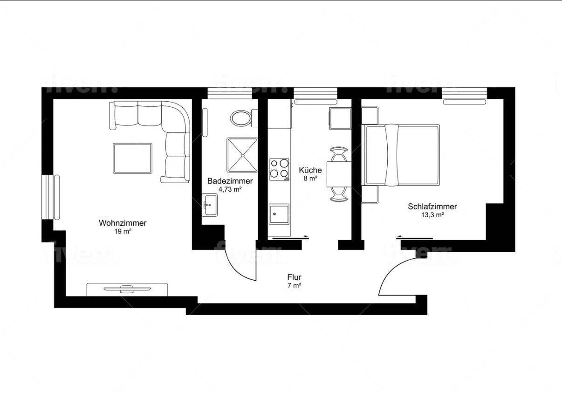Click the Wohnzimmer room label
click(123, 223)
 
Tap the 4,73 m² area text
click(230, 189)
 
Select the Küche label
click(310, 170)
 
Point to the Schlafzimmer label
click(432, 207)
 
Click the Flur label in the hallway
click(294, 277)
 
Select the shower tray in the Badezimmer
click(242, 154)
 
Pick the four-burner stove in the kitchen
click(280, 169)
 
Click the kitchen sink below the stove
click(279, 214)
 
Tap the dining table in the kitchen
click(339, 174)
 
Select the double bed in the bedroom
click(402, 154)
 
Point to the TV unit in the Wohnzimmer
click(127, 289)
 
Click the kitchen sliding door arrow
click(290, 237)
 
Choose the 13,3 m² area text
click(432, 215)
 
